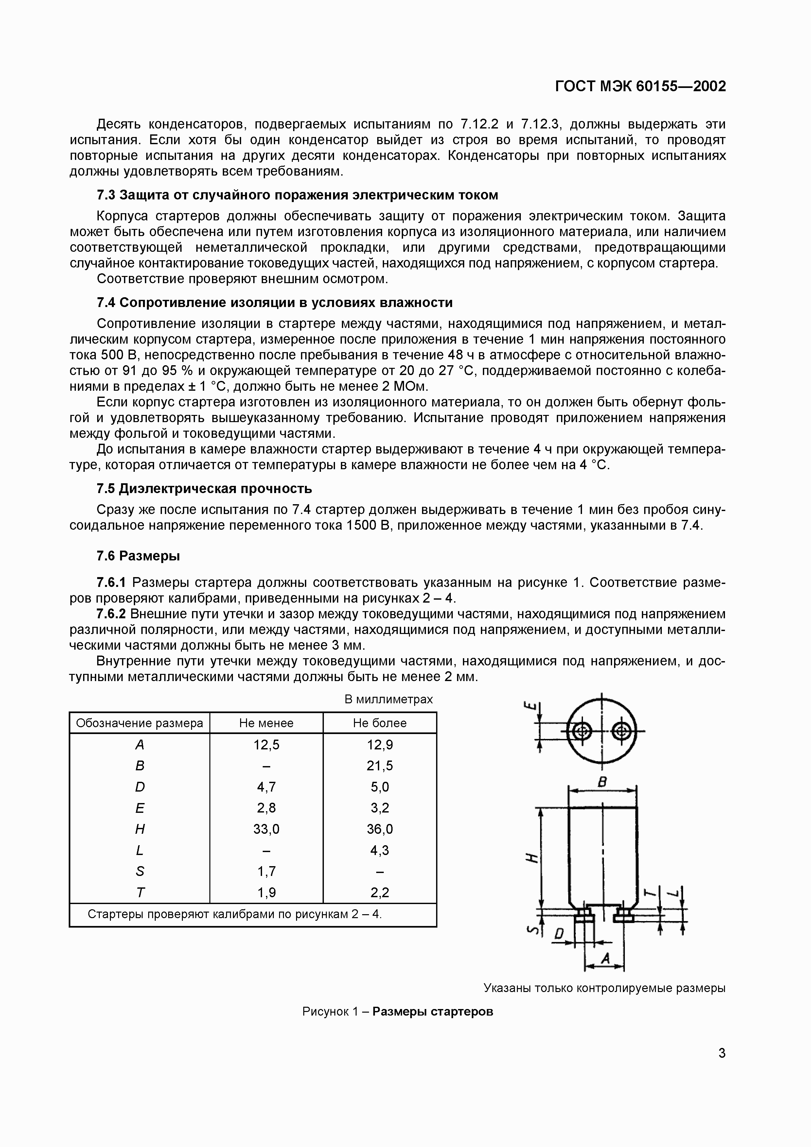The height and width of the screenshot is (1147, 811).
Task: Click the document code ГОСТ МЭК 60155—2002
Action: coord(640,86)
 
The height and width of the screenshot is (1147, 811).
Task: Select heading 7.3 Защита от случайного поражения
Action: coord(297,195)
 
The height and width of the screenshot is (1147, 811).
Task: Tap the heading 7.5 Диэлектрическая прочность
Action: coord(204,488)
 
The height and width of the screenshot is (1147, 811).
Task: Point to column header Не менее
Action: coord(266,723)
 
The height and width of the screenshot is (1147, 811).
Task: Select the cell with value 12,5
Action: coord(266,745)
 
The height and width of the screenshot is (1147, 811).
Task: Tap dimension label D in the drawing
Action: coord(559,934)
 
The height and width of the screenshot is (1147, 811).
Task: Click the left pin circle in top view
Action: coord(581,732)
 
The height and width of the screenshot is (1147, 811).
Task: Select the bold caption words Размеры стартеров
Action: coord(433,1012)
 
